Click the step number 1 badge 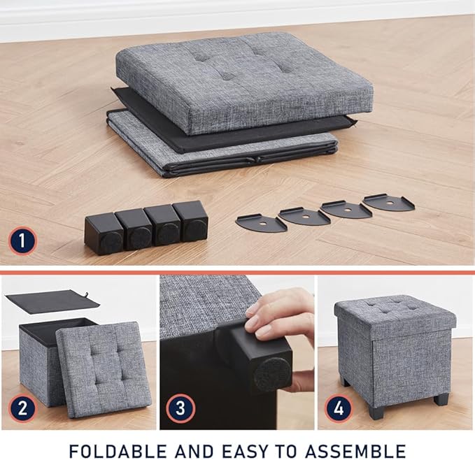point(22,242)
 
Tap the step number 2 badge point(22,409)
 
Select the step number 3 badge point(179,409)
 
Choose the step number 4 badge point(339,409)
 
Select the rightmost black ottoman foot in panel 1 point(190,220)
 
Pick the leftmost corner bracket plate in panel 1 point(261,223)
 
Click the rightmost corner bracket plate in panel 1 point(388,203)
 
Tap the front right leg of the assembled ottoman point(441,399)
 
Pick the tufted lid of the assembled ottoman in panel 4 point(395,314)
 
